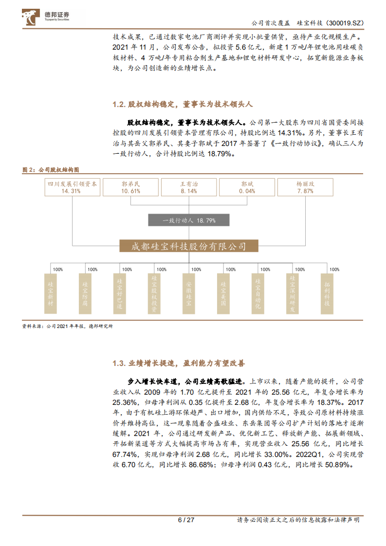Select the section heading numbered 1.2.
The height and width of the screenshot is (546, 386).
183,105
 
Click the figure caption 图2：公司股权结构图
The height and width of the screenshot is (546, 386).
51,169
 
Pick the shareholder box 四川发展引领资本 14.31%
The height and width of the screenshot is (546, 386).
72,187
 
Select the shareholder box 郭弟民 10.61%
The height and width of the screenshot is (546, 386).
130,187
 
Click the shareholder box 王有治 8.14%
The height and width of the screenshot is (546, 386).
188,187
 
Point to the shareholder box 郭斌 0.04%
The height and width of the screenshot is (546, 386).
247,187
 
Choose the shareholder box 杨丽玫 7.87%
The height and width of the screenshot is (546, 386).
305,187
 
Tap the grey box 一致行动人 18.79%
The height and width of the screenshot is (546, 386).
189,220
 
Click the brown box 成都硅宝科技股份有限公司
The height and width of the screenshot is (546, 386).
189,246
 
